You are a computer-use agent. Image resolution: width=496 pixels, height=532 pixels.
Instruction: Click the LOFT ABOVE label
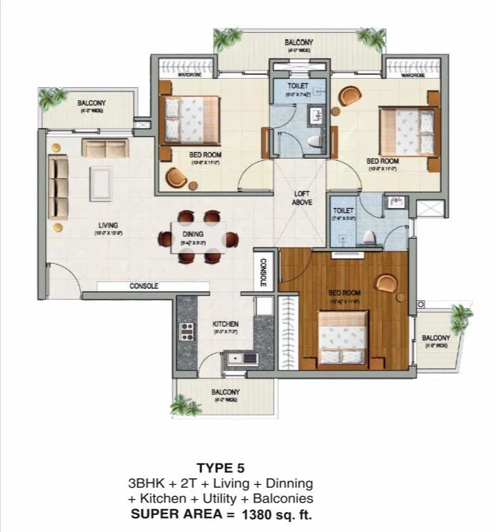point(302,198)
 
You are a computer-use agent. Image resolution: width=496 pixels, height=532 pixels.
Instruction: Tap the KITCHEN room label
point(225,324)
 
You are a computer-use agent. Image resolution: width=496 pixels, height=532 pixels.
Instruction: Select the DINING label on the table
point(193,234)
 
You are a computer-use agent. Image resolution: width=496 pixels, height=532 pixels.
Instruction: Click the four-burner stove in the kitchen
point(187,330)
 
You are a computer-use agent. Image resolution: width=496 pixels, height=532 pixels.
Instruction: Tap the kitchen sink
point(235,358)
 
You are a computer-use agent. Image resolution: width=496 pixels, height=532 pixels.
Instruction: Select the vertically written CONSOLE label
point(263,272)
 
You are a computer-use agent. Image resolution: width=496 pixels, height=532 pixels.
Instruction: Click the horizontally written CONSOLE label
point(144,286)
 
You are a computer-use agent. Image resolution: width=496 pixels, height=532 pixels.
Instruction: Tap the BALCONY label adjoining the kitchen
point(225,393)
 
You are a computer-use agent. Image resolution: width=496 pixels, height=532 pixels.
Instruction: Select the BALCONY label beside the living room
point(91,103)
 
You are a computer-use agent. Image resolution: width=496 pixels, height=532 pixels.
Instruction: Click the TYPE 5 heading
point(225,469)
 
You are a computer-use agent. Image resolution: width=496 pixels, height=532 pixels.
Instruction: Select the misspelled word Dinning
point(289,484)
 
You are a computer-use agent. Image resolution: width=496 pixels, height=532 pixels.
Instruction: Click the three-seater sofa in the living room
point(58,189)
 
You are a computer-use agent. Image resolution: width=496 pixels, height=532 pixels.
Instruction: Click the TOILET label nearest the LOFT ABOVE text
point(343,210)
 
